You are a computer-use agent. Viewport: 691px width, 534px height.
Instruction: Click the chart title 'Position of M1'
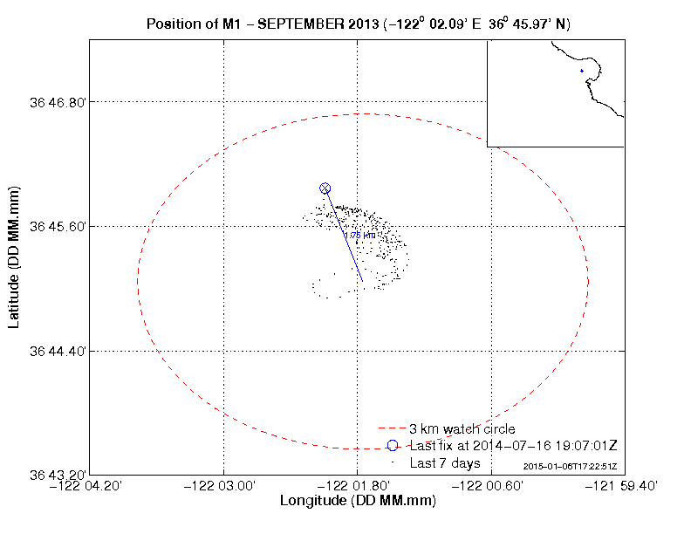[359, 24]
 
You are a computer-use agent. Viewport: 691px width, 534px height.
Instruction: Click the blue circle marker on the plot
[325, 188]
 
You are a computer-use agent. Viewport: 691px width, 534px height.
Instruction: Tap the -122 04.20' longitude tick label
[91, 486]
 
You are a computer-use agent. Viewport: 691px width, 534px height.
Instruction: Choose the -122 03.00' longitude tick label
[224, 486]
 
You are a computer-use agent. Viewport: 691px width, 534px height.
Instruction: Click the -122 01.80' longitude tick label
[357, 486]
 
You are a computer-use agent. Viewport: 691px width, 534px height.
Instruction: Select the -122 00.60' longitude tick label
[490, 486]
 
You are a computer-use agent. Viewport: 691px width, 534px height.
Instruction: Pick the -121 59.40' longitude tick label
[622, 486]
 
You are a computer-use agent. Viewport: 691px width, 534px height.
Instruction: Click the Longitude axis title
[358, 502]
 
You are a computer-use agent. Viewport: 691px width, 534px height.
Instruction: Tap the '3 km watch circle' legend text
[462, 429]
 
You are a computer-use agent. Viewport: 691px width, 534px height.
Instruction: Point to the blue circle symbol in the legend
[393, 446]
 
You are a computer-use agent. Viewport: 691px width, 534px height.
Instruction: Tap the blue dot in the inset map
[581, 71]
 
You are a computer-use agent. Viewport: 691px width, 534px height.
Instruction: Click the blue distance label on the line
[360, 235]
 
